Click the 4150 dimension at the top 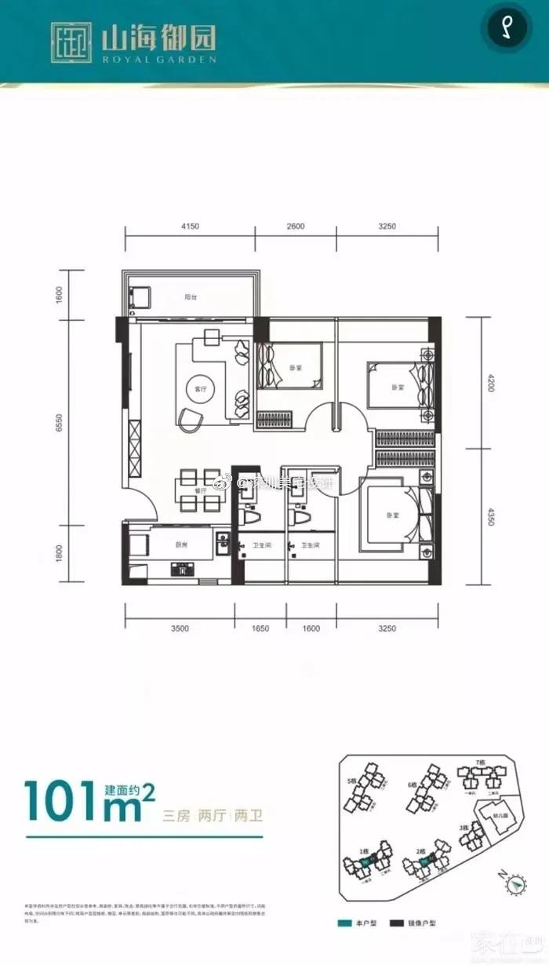coord(190,226)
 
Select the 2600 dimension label coord(295,226)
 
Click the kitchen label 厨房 coord(182,542)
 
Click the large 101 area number coord(63,800)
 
